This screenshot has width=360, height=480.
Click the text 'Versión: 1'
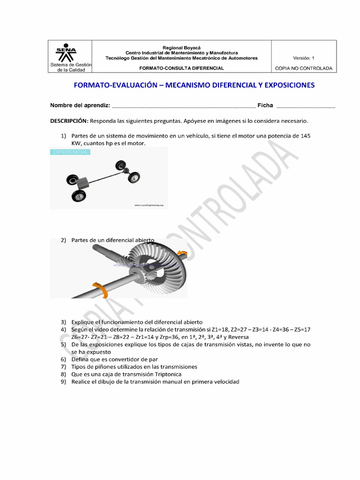click(x=304, y=58)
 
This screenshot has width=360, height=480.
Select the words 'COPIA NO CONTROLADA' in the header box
click(x=304, y=68)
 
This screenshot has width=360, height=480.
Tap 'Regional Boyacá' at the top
click(x=181, y=48)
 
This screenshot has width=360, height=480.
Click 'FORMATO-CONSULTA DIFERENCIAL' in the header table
click(x=181, y=68)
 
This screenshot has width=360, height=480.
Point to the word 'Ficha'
click(x=265, y=106)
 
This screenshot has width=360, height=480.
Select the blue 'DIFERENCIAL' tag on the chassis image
click(x=70, y=152)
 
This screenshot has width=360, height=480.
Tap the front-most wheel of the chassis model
click(x=79, y=196)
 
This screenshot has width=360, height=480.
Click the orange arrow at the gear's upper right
click(x=182, y=255)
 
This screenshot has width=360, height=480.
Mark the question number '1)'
click(x=64, y=136)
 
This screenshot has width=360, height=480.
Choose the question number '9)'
click(x=64, y=382)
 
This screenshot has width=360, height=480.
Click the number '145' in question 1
click(x=305, y=136)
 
